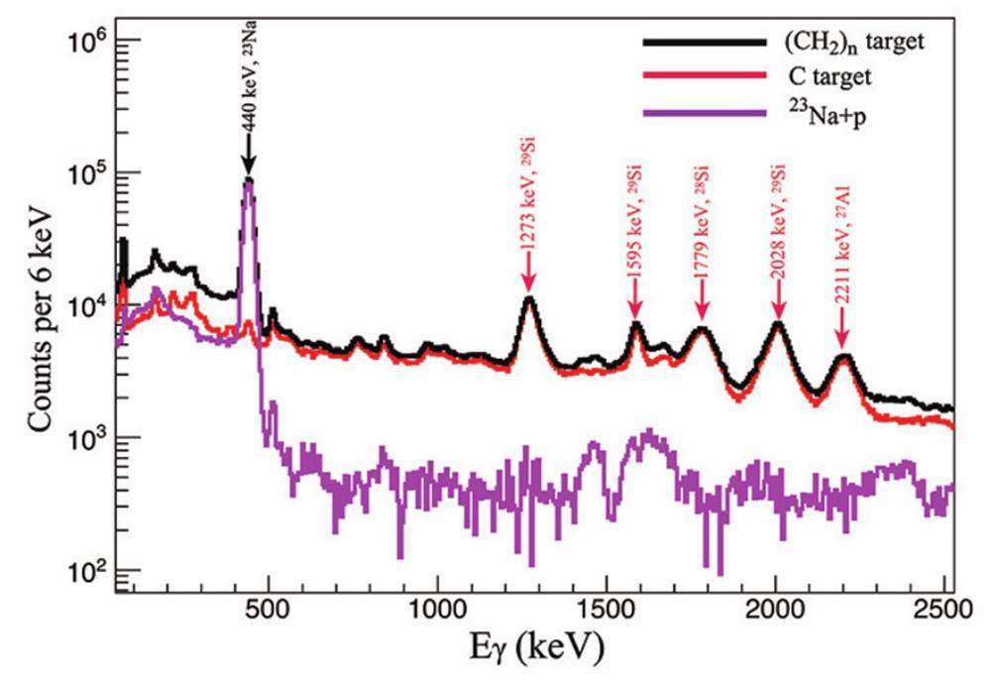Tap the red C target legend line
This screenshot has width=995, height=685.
coord(704,75)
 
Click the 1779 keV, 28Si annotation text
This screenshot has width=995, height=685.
coord(702,220)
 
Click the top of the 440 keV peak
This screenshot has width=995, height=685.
coord(249,180)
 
